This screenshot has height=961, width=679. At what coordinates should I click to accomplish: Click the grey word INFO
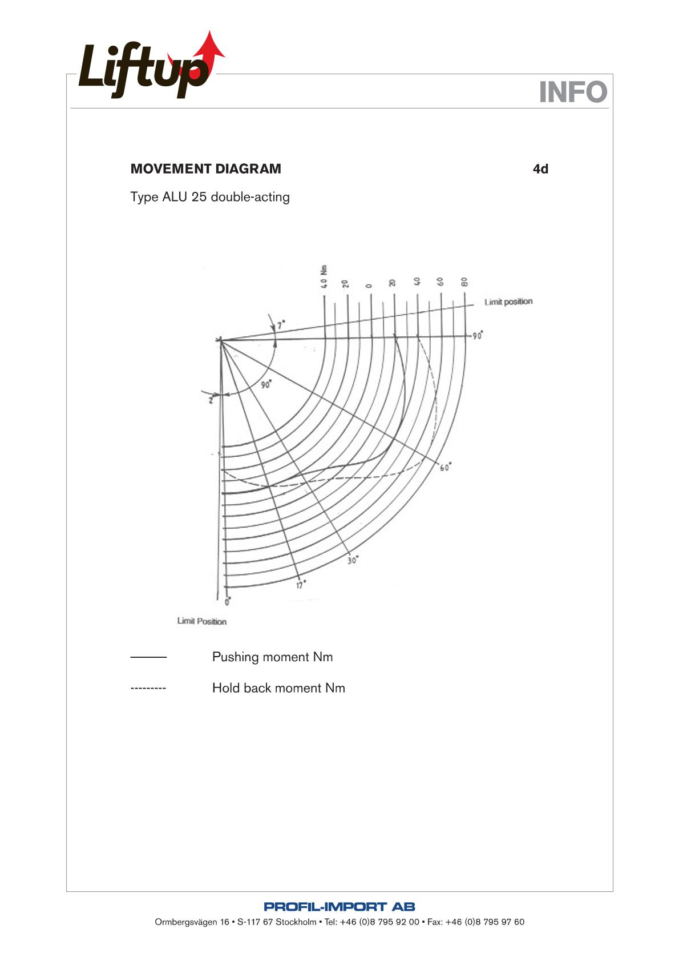point(573,92)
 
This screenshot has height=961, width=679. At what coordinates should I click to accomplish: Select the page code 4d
point(540,169)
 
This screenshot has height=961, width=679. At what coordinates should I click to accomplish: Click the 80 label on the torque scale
point(464,282)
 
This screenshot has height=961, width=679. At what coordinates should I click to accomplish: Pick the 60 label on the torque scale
point(440,282)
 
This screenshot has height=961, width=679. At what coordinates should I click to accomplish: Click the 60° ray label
point(446,468)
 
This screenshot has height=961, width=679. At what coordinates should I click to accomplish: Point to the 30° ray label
point(353,560)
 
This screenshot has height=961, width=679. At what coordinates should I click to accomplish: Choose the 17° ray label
point(301,585)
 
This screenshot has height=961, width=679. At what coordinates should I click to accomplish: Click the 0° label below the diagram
point(228,601)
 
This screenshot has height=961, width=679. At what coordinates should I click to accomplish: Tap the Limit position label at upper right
point(508,301)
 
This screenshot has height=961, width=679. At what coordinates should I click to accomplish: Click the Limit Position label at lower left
point(201,621)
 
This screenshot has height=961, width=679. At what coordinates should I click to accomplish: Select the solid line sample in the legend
point(148,658)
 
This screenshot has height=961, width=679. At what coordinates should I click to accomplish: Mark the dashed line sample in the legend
point(148,689)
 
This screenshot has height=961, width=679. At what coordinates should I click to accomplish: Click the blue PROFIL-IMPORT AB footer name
point(339,906)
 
